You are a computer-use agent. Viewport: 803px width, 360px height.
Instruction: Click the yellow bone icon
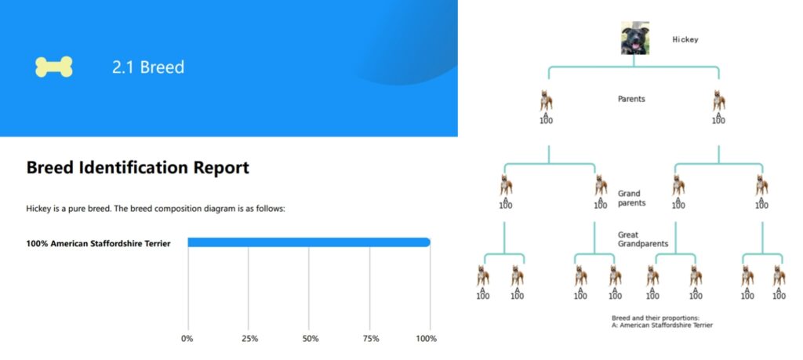point(54,67)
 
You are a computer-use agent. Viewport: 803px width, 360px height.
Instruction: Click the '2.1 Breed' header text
point(148,67)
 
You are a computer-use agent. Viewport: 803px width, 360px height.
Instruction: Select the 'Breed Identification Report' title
point(138,168)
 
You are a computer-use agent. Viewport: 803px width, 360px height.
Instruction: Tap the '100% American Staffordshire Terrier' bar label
point(98,243)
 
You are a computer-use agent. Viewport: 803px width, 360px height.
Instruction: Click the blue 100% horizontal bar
point(309,242)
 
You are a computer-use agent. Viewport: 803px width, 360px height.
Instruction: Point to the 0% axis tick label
point(187,339)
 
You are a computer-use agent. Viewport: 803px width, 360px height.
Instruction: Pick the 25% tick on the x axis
point(249,339)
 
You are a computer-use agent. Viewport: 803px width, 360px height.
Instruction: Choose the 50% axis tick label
point(311,339)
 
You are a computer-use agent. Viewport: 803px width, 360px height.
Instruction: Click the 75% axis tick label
point(371,339)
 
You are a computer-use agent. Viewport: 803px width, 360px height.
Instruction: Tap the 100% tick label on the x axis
point(426,339)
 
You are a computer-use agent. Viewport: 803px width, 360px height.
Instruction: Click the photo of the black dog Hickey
point(635,38)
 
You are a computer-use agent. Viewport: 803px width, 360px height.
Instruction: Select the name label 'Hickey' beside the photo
point(685,39)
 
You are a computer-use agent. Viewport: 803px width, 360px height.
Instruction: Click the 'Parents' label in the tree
point(631,99)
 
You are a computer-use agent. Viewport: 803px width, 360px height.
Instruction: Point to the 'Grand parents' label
point(631,198)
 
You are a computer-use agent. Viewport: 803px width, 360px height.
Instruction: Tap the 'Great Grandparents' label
point(643,240)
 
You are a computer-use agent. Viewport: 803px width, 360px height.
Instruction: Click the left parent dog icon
point(547,101)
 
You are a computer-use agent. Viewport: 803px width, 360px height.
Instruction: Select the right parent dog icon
point(719,101)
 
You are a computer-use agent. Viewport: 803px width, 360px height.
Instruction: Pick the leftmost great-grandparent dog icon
point(483,275)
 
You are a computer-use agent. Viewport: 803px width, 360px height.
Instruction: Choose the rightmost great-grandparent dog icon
point(779,275)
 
